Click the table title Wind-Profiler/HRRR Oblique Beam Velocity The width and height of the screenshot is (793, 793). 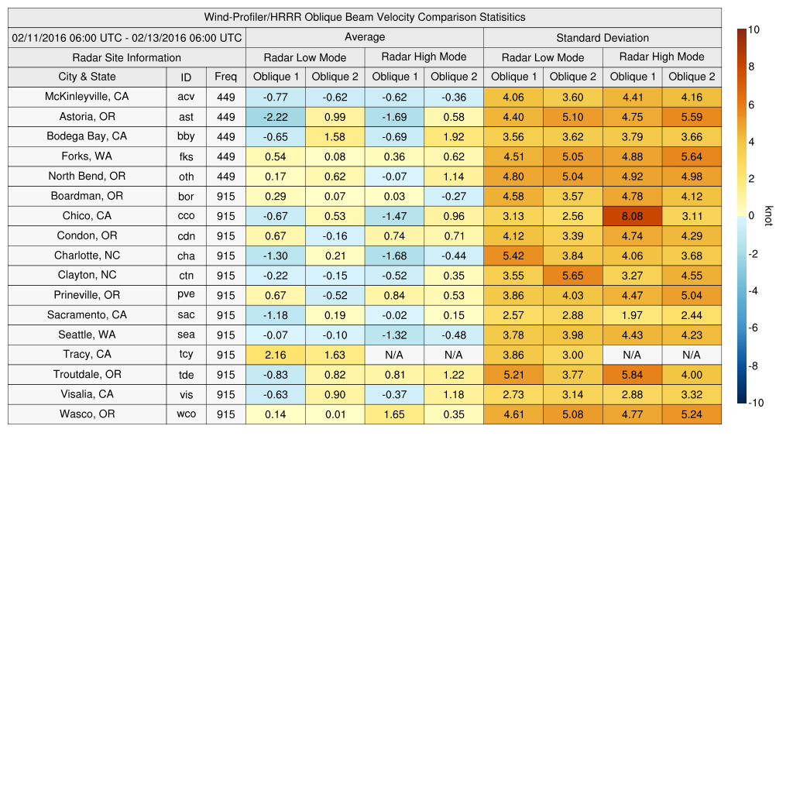(x=365, y=17)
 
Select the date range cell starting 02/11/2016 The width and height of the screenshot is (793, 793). (x=127, y=37)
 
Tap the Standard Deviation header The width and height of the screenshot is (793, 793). (x=602, y=37)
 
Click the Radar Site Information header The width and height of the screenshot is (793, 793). (x=127, y=57)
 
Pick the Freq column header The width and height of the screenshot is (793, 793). (x=226, y=77)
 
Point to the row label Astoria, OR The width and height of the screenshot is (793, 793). (x=87, y=116)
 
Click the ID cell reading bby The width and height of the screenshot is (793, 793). (x=186, y=136)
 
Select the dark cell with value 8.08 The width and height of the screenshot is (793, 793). (x=632, y=216)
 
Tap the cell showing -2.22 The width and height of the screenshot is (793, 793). (x=275, y=116)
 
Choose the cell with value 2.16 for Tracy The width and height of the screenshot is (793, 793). (x=275, y=355)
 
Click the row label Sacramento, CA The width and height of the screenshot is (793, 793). (x=87, y=315)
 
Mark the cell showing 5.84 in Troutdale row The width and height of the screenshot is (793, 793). (x=632, y=375)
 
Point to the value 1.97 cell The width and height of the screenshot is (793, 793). (x=632, y=315)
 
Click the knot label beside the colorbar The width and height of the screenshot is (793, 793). (x=768, y=216)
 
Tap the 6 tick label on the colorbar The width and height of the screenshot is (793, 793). (x=752, y=105)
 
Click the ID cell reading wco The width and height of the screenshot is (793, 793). (x=186, y=414)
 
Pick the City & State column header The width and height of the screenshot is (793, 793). (x=87, y=77)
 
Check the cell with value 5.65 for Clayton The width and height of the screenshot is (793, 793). (x=573, y=276)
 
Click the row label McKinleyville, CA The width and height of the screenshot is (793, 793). (x=87, y=97)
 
